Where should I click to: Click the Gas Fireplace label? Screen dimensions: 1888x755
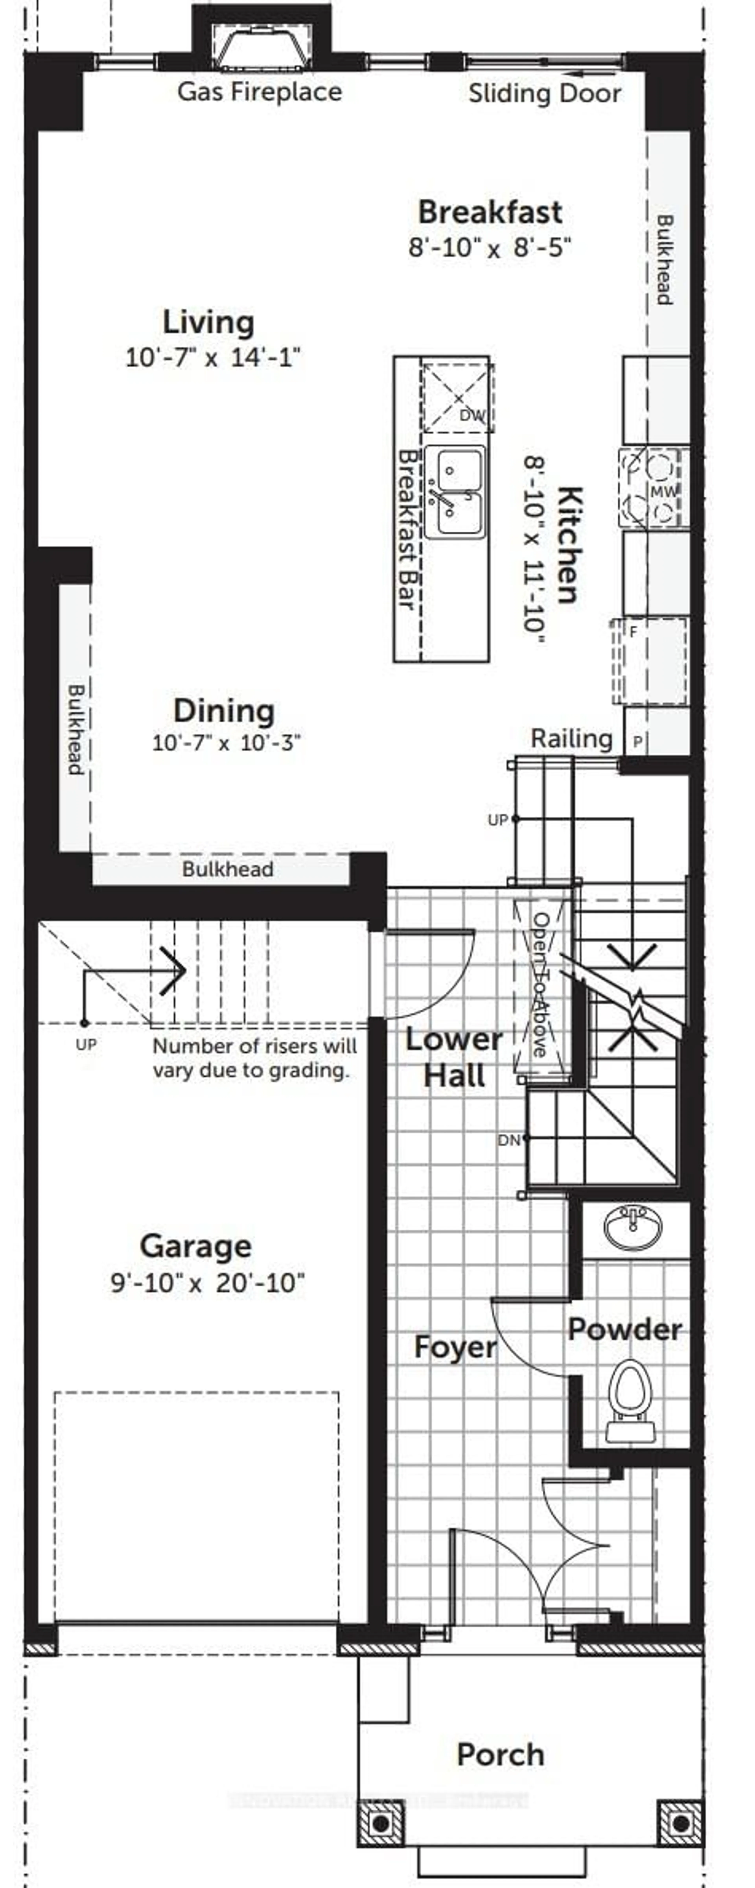click(x=260, y=92)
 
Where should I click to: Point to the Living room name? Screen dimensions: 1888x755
click(x=208, y=323)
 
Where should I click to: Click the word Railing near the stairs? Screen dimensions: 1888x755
click(x=571, y=738)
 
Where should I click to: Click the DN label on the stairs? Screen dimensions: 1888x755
click(x=509, y=1140)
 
